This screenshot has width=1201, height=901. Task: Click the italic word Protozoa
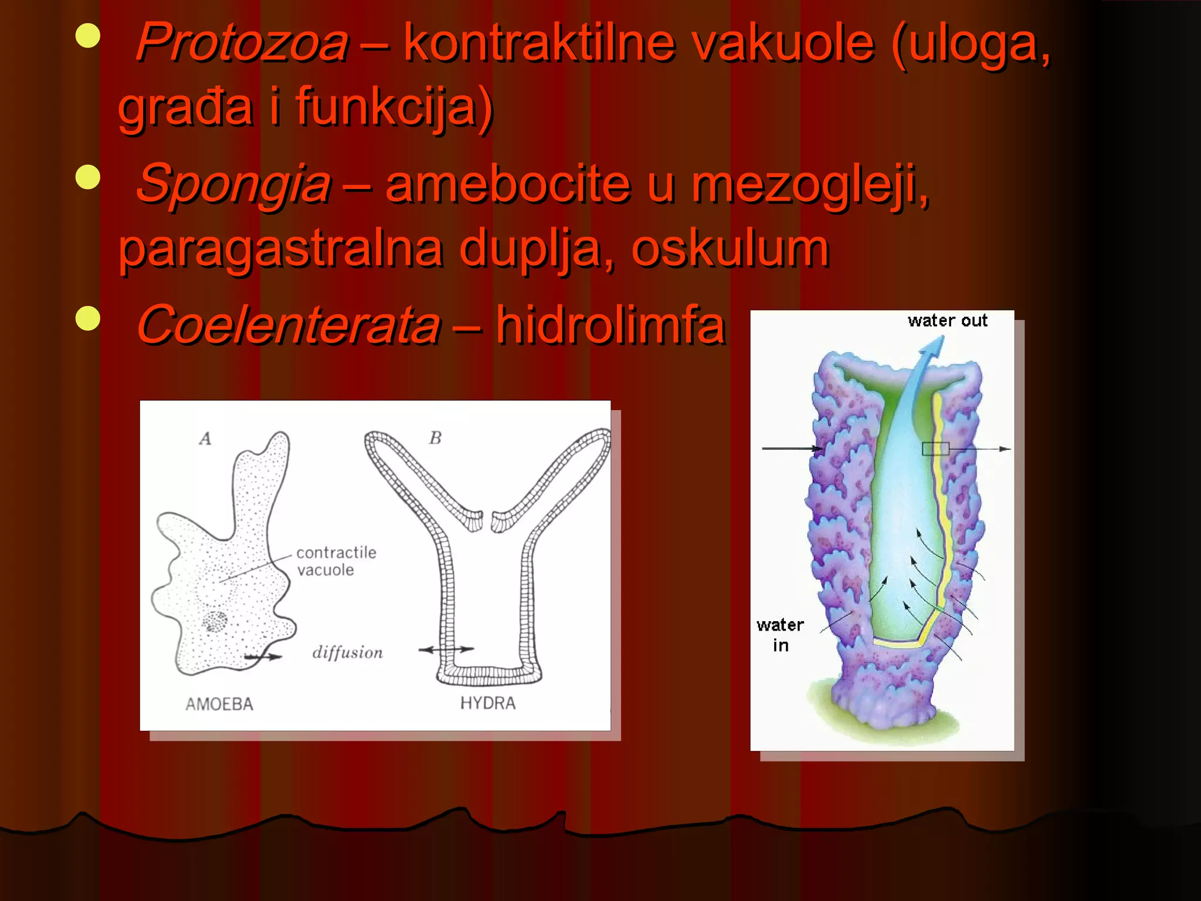pyautogui.click(x=242, y=42)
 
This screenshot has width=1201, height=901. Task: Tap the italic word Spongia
pyautogui.click(x=233, y=184)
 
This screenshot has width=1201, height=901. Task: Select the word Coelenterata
pyautogui.click(x=288, y=326)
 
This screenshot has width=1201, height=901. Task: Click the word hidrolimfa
pyautogui.click(x=610, y=326)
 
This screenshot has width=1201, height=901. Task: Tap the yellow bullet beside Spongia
pyautogui.click(x=88, y=177)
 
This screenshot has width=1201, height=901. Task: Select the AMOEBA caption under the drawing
pyautogui.click(x=219, y=704)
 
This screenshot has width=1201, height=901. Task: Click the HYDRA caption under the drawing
pyautogui.click(x=487, y=703)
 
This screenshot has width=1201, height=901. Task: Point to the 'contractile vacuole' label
pyautogui.click(x=335, y=561)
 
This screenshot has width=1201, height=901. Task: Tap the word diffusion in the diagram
pyautogui.click(x=347, y=652)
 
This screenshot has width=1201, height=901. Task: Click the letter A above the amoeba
pyautogui.click(x=205, y=439)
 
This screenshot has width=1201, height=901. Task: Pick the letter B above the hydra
pyautogui.click(x=435, y=438)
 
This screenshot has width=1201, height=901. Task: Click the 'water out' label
pyautogui.click(x=947, y=321)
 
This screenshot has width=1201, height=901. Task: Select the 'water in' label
pyautogui.click(x=780, y=635)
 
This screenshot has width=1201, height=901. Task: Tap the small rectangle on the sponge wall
pyautogui.click(x=935, y=449)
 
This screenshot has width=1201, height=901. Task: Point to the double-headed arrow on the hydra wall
pyautogui.click(x=446, y=649)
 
